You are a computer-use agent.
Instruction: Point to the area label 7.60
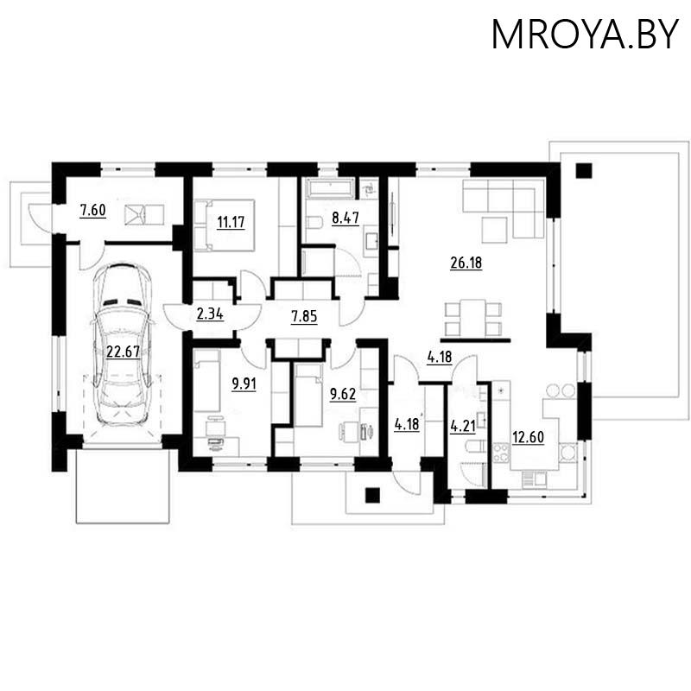click(92, 210)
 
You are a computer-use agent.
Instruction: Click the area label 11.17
click(230, 222)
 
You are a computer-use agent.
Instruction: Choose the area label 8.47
click(345, 219)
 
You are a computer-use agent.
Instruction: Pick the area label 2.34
click(210, 314)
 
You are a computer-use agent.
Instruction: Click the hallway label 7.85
click(304, 316)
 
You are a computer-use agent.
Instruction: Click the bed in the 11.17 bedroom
click(224, 224)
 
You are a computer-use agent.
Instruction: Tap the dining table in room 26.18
click(472, 317)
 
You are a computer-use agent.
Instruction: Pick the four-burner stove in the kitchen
click(500, 451)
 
